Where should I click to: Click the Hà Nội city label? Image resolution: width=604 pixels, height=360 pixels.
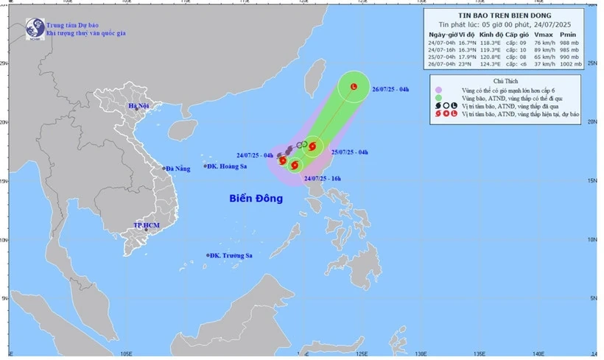coord(139,107)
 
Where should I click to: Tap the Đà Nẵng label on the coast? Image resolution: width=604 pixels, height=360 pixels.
coord(178,169)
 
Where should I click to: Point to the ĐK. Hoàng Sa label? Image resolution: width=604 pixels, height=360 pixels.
coord(228,167)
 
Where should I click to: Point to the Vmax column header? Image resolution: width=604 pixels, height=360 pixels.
coord(542,35)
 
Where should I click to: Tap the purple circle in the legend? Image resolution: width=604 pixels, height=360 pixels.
coord(438,90)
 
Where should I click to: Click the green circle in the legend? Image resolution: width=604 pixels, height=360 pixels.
coord(438,98)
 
